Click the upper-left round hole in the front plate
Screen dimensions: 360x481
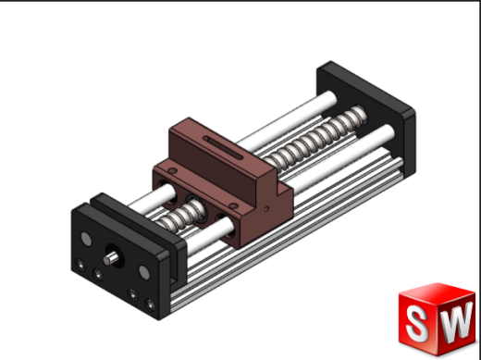pos(87,240)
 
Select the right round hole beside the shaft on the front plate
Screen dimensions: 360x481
pos(144,274)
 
